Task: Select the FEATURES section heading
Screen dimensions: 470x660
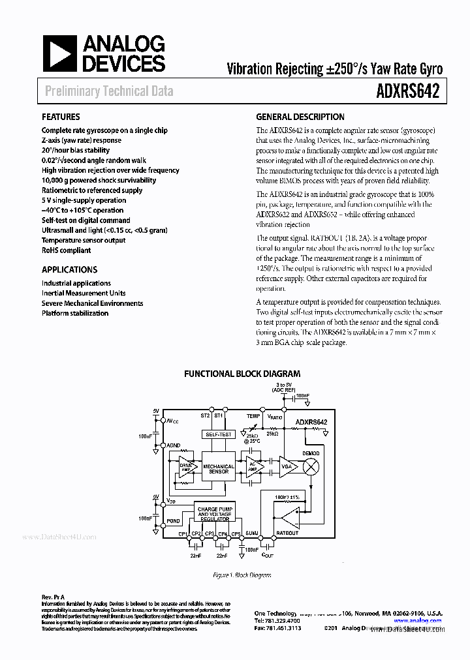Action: [x=61, y=117]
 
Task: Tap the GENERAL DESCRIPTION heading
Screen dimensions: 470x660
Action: [x=300, y=117]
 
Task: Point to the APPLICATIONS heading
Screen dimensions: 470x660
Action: [x=70, y=269]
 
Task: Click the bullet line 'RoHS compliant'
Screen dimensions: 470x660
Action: [x=67, y=250]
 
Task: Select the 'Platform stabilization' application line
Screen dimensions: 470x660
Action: [x=75, y=313]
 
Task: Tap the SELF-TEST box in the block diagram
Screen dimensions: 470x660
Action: [x=218, y=434]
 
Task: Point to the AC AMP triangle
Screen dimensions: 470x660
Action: [x=251, y=468]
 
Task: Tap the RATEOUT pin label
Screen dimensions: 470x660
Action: [x=287, y=533]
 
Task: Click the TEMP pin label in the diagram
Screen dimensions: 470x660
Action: [x=253, y=415]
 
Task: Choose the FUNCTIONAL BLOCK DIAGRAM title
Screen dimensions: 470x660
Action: [x=242, y=374]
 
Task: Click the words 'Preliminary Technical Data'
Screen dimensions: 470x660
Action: [x=109, y=91]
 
